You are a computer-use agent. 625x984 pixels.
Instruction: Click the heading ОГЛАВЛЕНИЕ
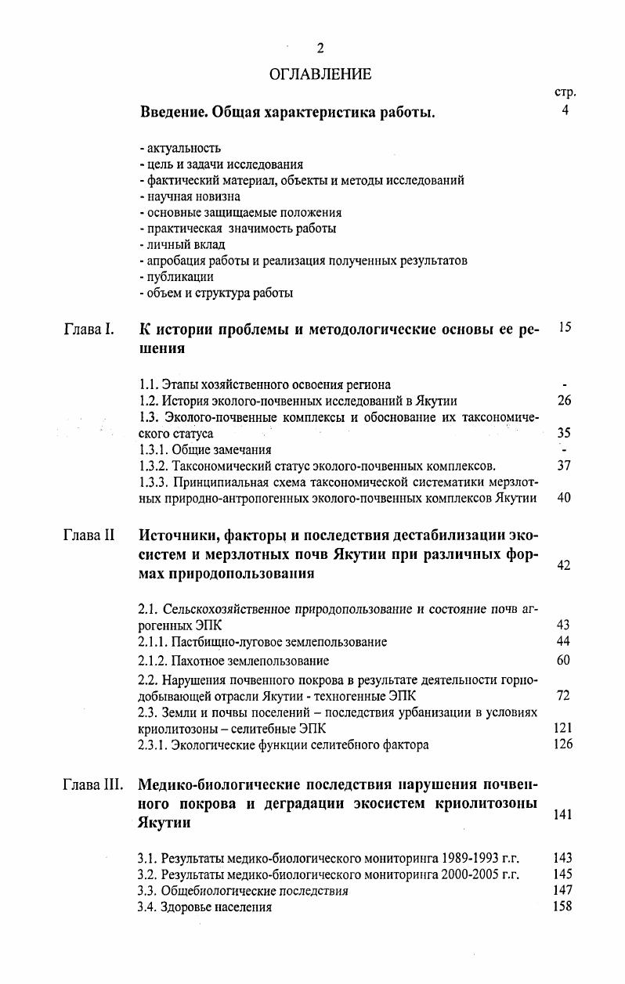[x=320, y=74]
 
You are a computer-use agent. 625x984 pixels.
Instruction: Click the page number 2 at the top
[x=320, y=49]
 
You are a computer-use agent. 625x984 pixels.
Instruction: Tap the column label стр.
[x=565, y=92]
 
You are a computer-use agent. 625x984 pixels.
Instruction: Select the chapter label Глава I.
[x=89, y=329]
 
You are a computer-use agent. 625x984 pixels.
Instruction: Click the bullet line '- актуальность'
[x=179, y=147]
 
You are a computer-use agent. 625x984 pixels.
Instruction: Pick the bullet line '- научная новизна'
[x=190, y=196]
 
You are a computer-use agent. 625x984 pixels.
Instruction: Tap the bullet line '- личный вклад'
[x=182, y=245]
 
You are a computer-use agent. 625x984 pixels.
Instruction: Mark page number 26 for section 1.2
[x=564, y=401]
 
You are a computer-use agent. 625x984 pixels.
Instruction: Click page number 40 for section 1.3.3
[x=564, y=498]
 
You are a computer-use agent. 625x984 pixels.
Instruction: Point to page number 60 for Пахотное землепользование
[x=564, y=660]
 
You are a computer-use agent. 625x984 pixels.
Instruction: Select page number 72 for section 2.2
[x=564, y=695]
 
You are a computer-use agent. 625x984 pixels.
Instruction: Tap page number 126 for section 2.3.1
[x=562, y=744]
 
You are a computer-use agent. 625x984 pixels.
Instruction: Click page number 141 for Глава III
[x=562, y=815]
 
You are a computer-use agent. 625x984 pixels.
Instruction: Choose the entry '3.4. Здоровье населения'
[x=204, y=907]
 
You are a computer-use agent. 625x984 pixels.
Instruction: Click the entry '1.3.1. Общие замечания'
[x=204, y=449]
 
